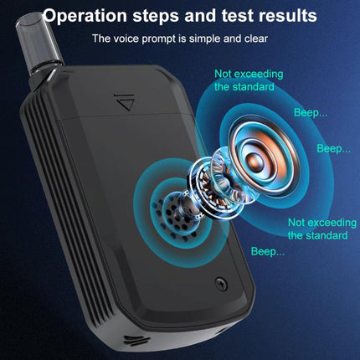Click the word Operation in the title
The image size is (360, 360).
(87, 16)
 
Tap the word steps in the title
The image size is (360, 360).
(164, 16)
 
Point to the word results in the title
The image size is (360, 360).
(287, 16)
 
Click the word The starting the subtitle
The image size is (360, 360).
(101, 38)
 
